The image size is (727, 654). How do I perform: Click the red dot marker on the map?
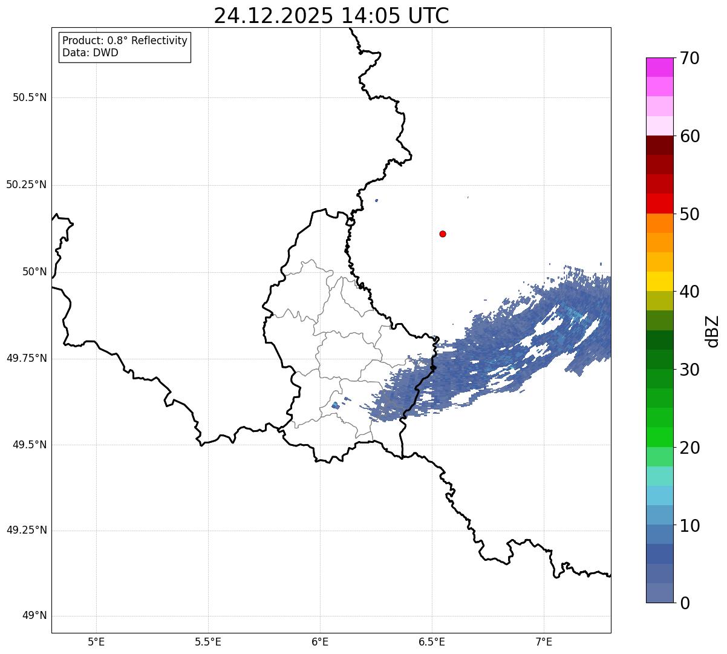point(443,234)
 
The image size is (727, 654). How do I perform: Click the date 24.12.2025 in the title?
point(273,16)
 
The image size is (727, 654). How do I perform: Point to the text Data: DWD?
point(90,53)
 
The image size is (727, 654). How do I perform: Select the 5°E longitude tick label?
point(96,641)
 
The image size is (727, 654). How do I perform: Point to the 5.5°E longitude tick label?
point(208,641)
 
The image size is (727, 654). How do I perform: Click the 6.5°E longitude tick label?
point(432,641)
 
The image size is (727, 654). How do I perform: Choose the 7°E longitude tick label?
point(544,641)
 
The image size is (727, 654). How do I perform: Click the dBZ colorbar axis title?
point(712,331)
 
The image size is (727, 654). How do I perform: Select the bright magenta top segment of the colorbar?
point(659,67)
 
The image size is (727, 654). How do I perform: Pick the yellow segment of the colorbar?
point(659,281)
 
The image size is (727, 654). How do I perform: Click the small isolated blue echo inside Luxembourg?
point(335,405)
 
